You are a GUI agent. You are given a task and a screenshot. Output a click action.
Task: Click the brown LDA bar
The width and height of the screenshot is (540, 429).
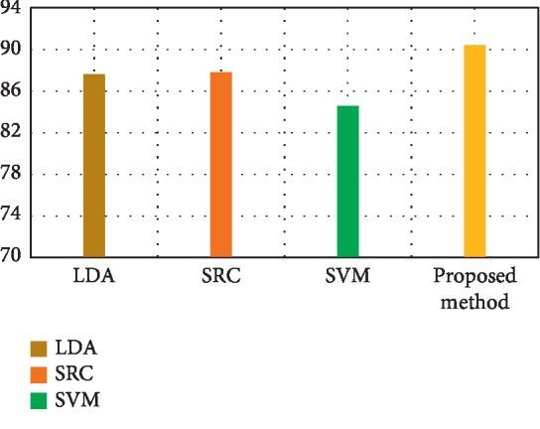coord(94,166)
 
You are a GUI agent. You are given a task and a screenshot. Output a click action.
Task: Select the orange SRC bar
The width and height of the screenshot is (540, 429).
coord(220,165)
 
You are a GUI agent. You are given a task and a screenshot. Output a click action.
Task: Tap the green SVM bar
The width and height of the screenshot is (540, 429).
coord(347,182)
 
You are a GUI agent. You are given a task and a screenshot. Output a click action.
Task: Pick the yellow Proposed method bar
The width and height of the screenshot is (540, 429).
coord(474,151)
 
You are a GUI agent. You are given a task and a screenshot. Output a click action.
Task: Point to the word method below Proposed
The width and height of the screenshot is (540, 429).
coord(474,301)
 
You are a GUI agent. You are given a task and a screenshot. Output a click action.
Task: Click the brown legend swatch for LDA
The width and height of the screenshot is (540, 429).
coord(39,349)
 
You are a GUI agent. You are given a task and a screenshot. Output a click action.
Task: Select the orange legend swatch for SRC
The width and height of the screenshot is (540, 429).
coord(39,374)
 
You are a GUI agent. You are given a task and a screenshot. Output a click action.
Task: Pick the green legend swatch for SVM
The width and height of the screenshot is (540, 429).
coord(39,400)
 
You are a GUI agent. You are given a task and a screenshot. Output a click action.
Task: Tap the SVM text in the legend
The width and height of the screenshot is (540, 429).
coord(77,400)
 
